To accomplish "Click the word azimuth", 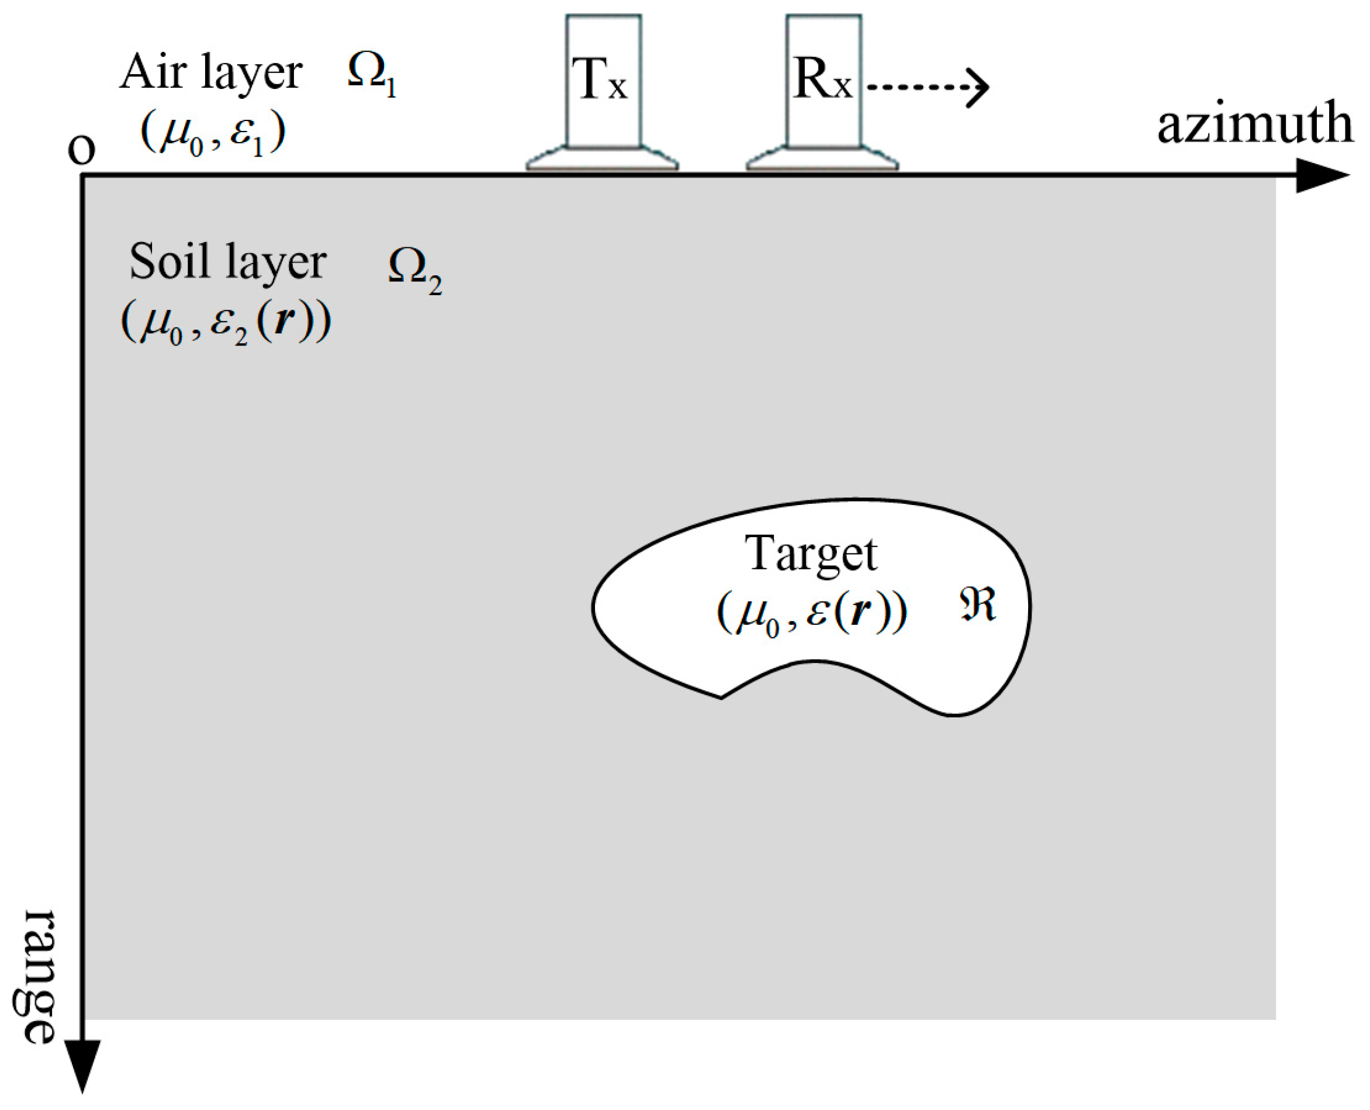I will pyautogui.click(x=1254, y=124).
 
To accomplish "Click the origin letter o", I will pyautogui.click(x=82, y=150).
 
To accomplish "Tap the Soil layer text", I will pyautogui.click(x=227, y=262).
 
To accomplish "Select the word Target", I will pyautogui.click(x=811, y=554).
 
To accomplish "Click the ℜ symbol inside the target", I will pyautogui.click(x=977, y=605).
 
